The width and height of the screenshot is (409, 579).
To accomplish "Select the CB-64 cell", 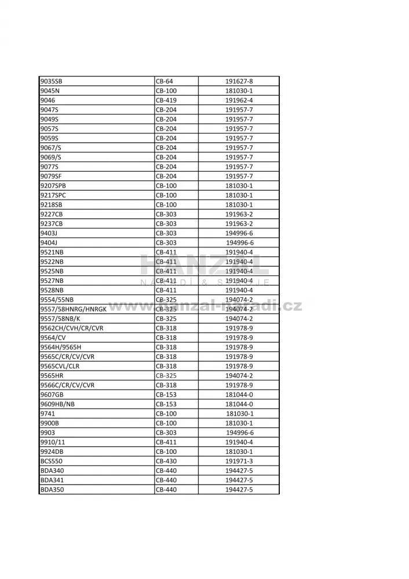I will (165, 81).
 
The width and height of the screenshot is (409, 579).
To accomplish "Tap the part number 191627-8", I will (239, 81).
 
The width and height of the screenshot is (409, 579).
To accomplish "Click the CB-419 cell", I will (166, 100).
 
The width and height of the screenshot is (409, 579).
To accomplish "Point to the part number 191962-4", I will (239, 100).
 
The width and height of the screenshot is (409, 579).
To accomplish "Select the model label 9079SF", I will (51, 176).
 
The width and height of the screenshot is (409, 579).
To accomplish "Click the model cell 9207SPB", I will (53, 185).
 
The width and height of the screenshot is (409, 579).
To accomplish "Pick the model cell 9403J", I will (49, 233).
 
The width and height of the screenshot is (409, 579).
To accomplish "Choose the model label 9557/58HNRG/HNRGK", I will (74, 309).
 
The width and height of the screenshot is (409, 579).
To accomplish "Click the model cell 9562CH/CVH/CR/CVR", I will (72, 328).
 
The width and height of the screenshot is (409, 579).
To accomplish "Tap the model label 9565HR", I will (52, 376).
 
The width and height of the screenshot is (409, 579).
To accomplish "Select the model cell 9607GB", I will (52, 395).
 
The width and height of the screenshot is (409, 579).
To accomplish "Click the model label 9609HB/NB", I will (57, 404).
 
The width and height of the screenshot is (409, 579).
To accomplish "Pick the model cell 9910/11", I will (53, 442).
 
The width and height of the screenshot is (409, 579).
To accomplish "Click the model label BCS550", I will (52, 461).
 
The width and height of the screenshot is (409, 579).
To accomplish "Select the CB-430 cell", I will (166, 461).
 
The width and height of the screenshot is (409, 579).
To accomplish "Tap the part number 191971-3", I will (239, 461).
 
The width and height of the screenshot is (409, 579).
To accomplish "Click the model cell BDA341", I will (52, 480).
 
